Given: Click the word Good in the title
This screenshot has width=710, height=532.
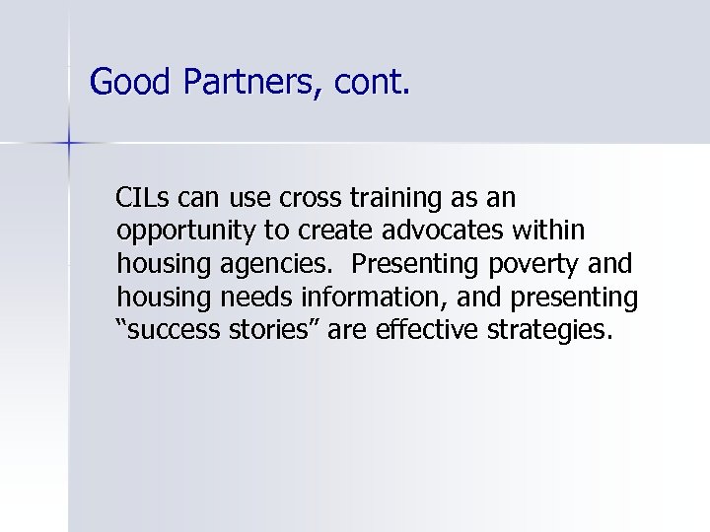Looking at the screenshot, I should point(130,82).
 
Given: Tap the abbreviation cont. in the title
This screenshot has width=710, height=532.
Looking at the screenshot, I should point(370,82).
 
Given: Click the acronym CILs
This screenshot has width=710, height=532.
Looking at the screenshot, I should point(144,198).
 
